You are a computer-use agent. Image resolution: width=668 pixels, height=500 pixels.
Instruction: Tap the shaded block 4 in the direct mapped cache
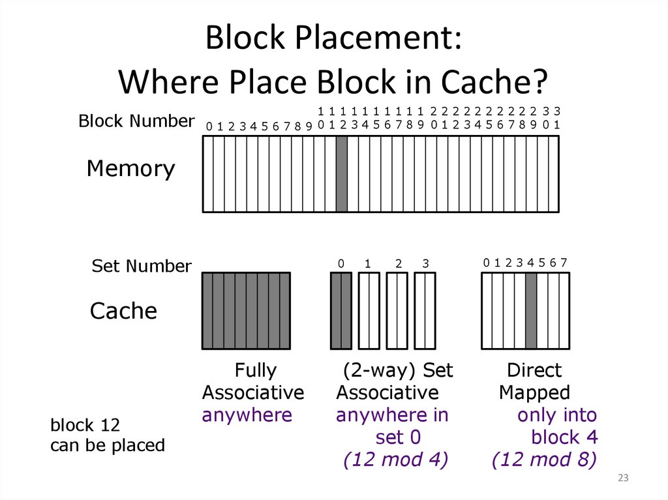pos(531,311)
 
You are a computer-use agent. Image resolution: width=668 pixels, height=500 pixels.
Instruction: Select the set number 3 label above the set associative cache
pos(425,264)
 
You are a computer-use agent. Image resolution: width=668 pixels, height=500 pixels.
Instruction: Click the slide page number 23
pos(622,479)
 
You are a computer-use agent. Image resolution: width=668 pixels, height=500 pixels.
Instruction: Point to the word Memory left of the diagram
pos(130,169)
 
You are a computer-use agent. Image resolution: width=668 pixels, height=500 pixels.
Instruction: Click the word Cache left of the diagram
pos(123,311)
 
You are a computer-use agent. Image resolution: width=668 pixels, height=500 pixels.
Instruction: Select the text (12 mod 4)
pos(395,460)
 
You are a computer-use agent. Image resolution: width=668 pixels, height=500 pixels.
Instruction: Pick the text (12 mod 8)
pos(545,460)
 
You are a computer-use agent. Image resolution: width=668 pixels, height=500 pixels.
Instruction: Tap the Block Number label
pos(136,121)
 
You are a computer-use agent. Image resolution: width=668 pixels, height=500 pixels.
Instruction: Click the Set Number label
pos(142,266)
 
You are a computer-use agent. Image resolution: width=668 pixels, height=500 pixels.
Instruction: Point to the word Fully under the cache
pos(255,370)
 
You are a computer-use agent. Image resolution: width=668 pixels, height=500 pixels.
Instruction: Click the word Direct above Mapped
pos(534,370)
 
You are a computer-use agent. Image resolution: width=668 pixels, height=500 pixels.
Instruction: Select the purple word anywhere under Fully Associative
pos(247,415)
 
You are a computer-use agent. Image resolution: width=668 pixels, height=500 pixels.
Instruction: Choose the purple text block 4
pos(564,437)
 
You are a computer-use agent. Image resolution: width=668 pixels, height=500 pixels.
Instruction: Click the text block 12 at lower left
pos(85,426)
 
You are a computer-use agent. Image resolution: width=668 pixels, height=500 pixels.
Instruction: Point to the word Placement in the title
pos(376,39)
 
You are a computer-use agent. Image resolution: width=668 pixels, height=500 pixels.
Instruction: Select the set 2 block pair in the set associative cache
pos(397,311)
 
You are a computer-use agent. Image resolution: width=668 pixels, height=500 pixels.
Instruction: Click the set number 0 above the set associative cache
pos(341,264)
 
